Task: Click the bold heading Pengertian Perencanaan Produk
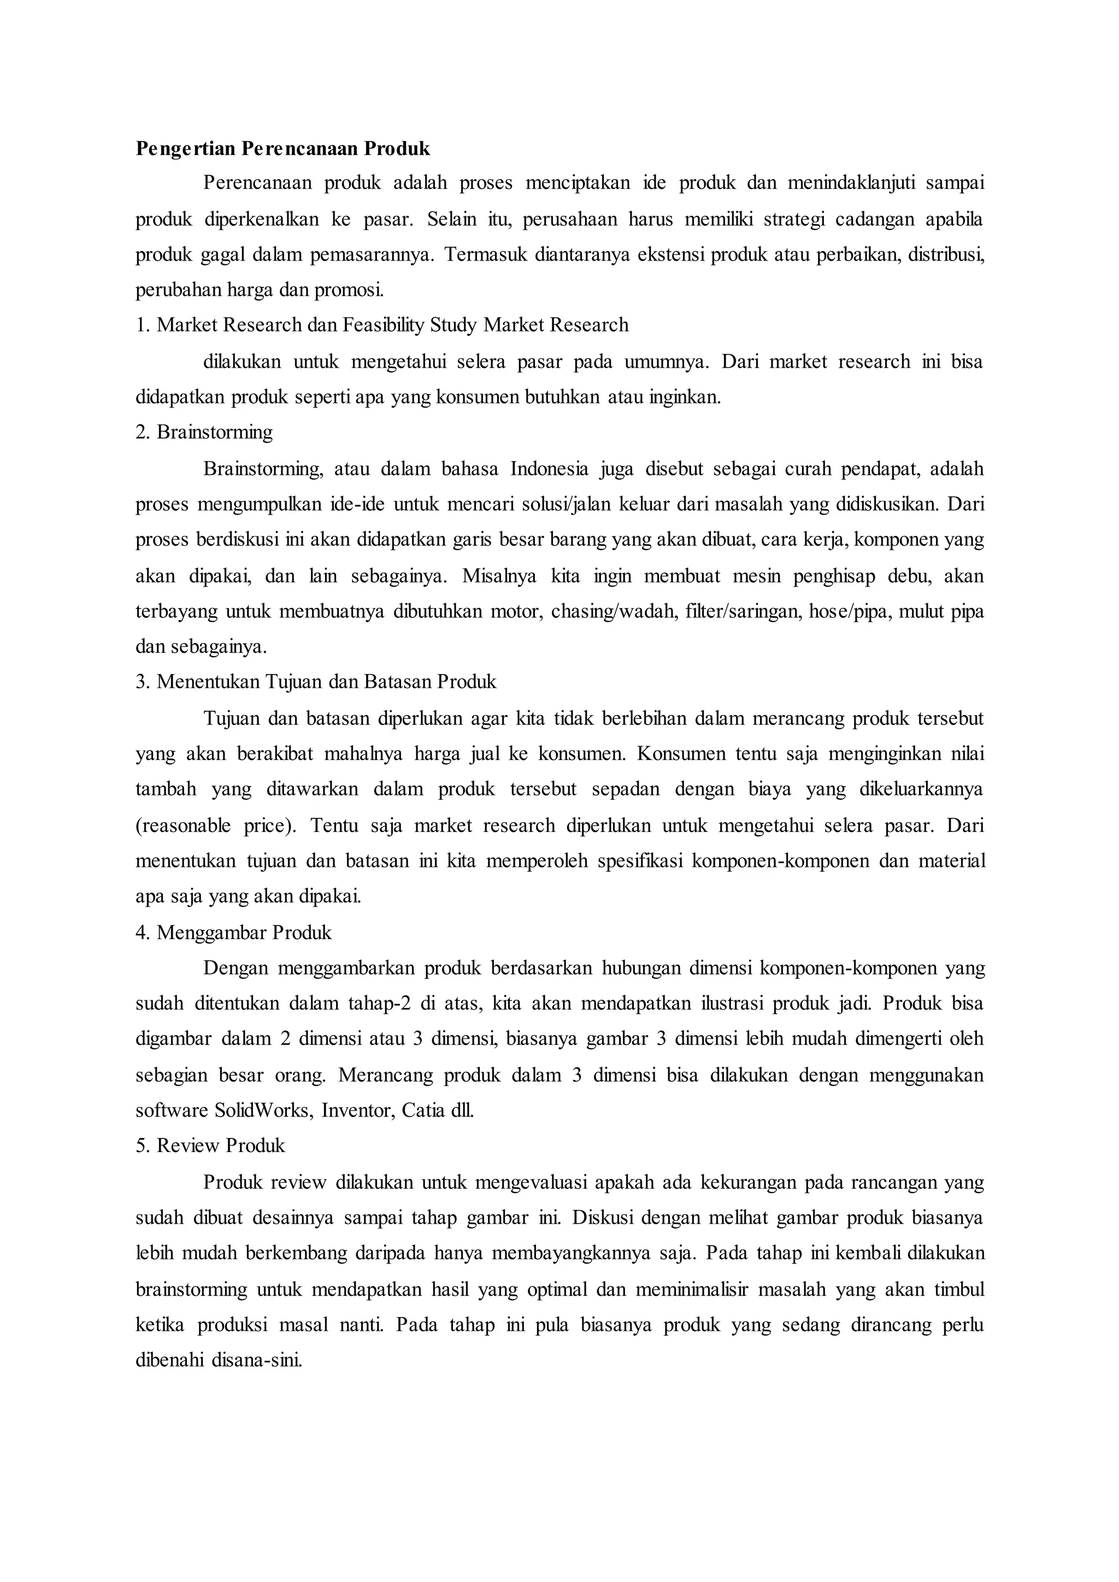[x=282, y=149]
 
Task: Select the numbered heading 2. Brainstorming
[x=204, y=433]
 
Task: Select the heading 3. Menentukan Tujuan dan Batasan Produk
[x=316, y=682]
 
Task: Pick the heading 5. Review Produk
[x=210, y=1146]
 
